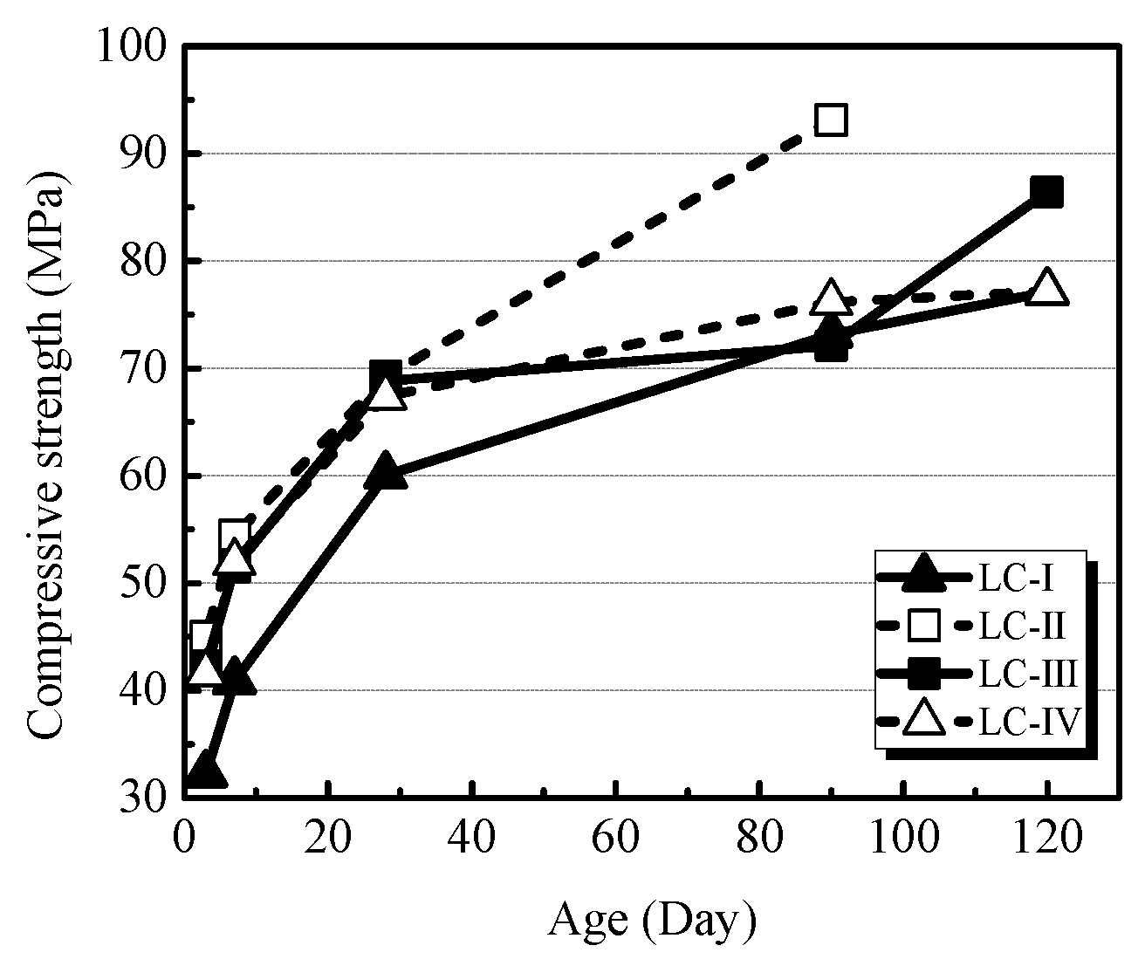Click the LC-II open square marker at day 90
coord(831,120)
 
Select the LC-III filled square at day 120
coord(1046,191)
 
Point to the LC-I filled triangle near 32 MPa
coord(206,770)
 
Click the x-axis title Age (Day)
coord(651,921)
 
